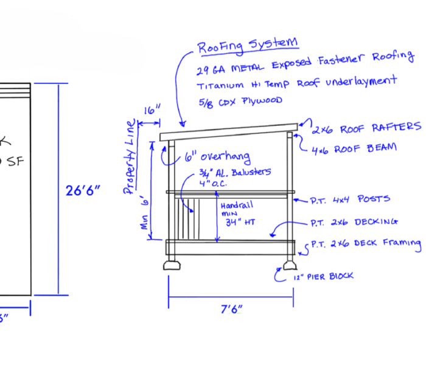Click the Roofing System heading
coord(248,44)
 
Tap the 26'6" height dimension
coord(83,190)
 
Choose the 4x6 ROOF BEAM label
coord(354,148)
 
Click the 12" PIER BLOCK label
coord(323,276)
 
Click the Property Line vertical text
coord(130,158)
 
